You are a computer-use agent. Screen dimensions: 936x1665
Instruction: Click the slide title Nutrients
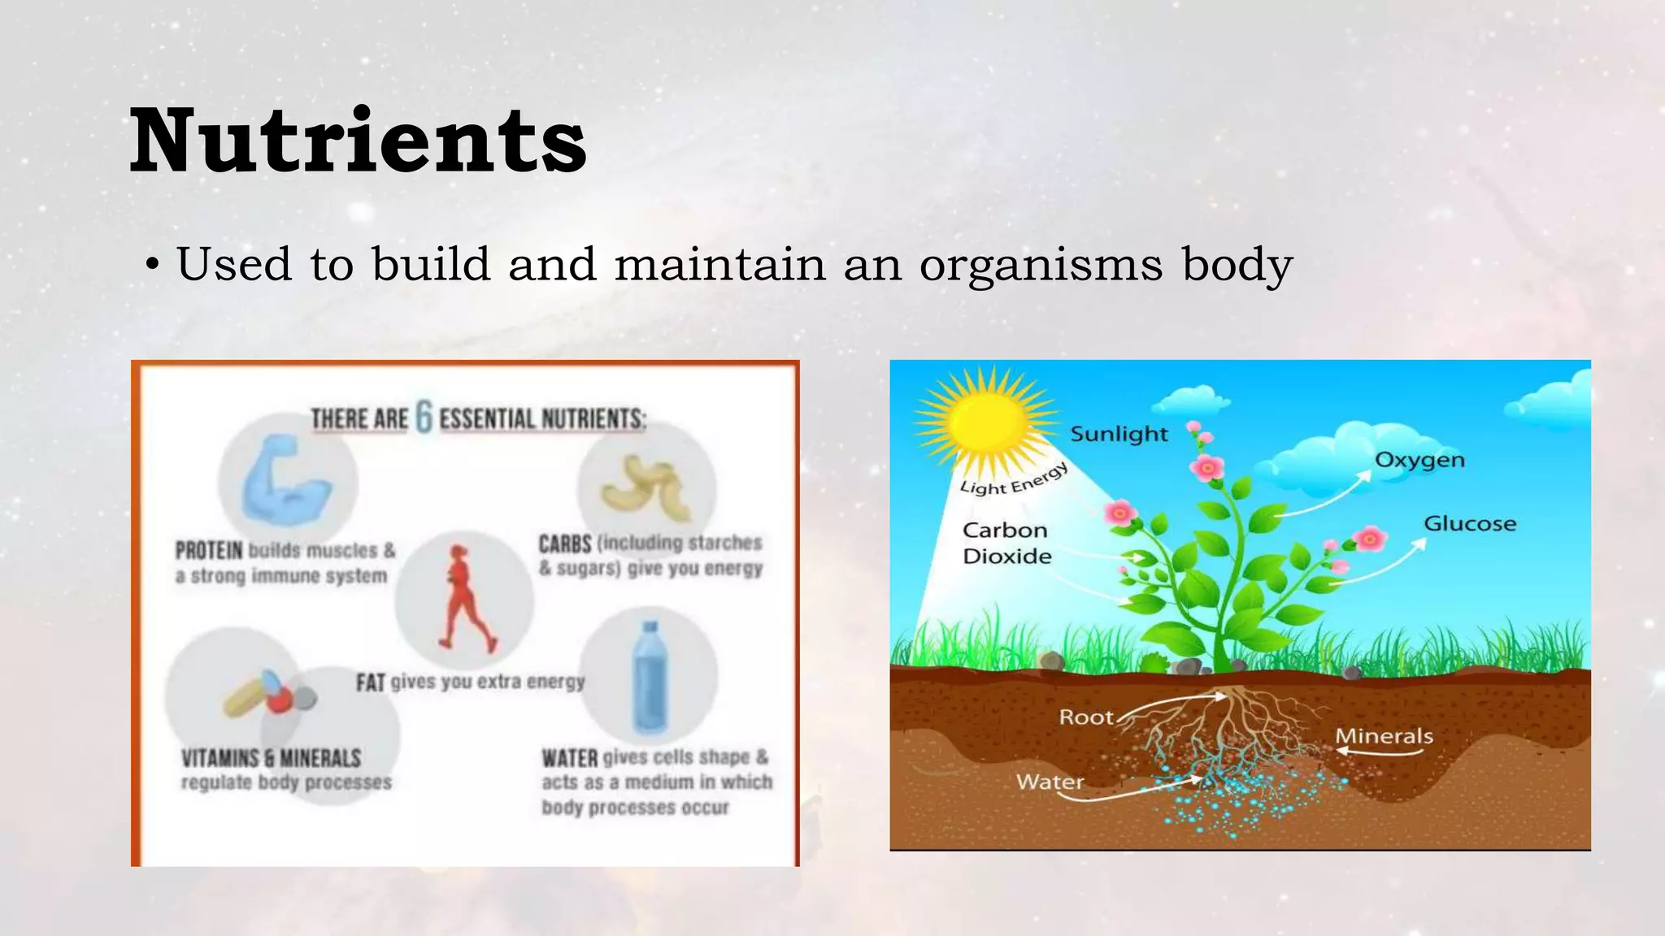[x=358, y=141]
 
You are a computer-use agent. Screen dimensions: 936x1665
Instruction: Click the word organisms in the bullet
[x=1041, y=266]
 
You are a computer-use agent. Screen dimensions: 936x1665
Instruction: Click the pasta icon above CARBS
[x=647, y=487]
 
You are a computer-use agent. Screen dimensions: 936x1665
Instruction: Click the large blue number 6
[x=424, y=417]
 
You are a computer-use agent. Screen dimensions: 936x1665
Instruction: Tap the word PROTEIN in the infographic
[x=209, y=551]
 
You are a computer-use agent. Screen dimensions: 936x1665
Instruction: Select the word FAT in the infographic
[x=370, y=682]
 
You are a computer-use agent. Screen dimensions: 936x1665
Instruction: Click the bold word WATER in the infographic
[x=570, y=758]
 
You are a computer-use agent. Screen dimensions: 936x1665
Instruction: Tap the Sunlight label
[x=1119, y=434]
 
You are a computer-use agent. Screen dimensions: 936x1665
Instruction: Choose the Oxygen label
[x=1419, y=460]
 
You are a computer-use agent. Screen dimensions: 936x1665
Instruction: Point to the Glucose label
[x=1470, y=524]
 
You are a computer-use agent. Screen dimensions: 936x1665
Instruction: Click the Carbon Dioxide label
[x=1006, y=543]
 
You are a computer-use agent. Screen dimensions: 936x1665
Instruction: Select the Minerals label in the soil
[x=1384, y=736]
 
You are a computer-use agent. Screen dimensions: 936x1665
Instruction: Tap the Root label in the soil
[x=1086, y=717]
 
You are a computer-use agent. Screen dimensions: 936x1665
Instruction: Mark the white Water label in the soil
[x=1050, y=782]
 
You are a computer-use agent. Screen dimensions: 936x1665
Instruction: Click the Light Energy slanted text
[x=1013, y=480]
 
